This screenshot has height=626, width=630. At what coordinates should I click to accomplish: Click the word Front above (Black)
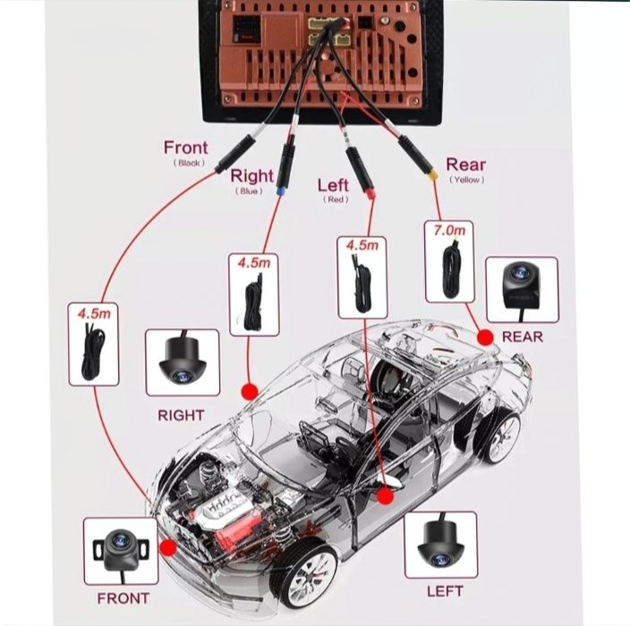(x=185, y=148)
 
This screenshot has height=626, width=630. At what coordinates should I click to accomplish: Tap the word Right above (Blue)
(x=251, y=175)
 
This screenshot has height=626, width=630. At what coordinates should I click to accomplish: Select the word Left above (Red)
(x=333, y=185)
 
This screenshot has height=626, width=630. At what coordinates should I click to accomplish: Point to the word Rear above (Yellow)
(x=465, y=164)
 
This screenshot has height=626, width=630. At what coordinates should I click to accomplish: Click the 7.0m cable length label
(x=449, y=231)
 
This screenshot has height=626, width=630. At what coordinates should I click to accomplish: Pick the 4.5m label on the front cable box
(x=94, y=314)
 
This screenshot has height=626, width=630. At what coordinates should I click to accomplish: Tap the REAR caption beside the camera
(x=523, y=336)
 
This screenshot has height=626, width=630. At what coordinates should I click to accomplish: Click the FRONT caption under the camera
(x=123, y=597)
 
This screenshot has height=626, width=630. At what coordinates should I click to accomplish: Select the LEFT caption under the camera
(x=445, y=591)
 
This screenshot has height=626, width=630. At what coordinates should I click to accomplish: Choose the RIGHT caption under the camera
(x=181, y=415)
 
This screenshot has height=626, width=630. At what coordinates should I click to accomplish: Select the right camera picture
(x=182, y=361)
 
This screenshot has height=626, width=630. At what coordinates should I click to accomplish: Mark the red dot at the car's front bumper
(x=166, y=547)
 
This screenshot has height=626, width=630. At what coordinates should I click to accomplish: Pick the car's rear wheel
(x=499, y=436)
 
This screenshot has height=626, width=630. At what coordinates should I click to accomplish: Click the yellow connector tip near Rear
(x=432, y=176)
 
